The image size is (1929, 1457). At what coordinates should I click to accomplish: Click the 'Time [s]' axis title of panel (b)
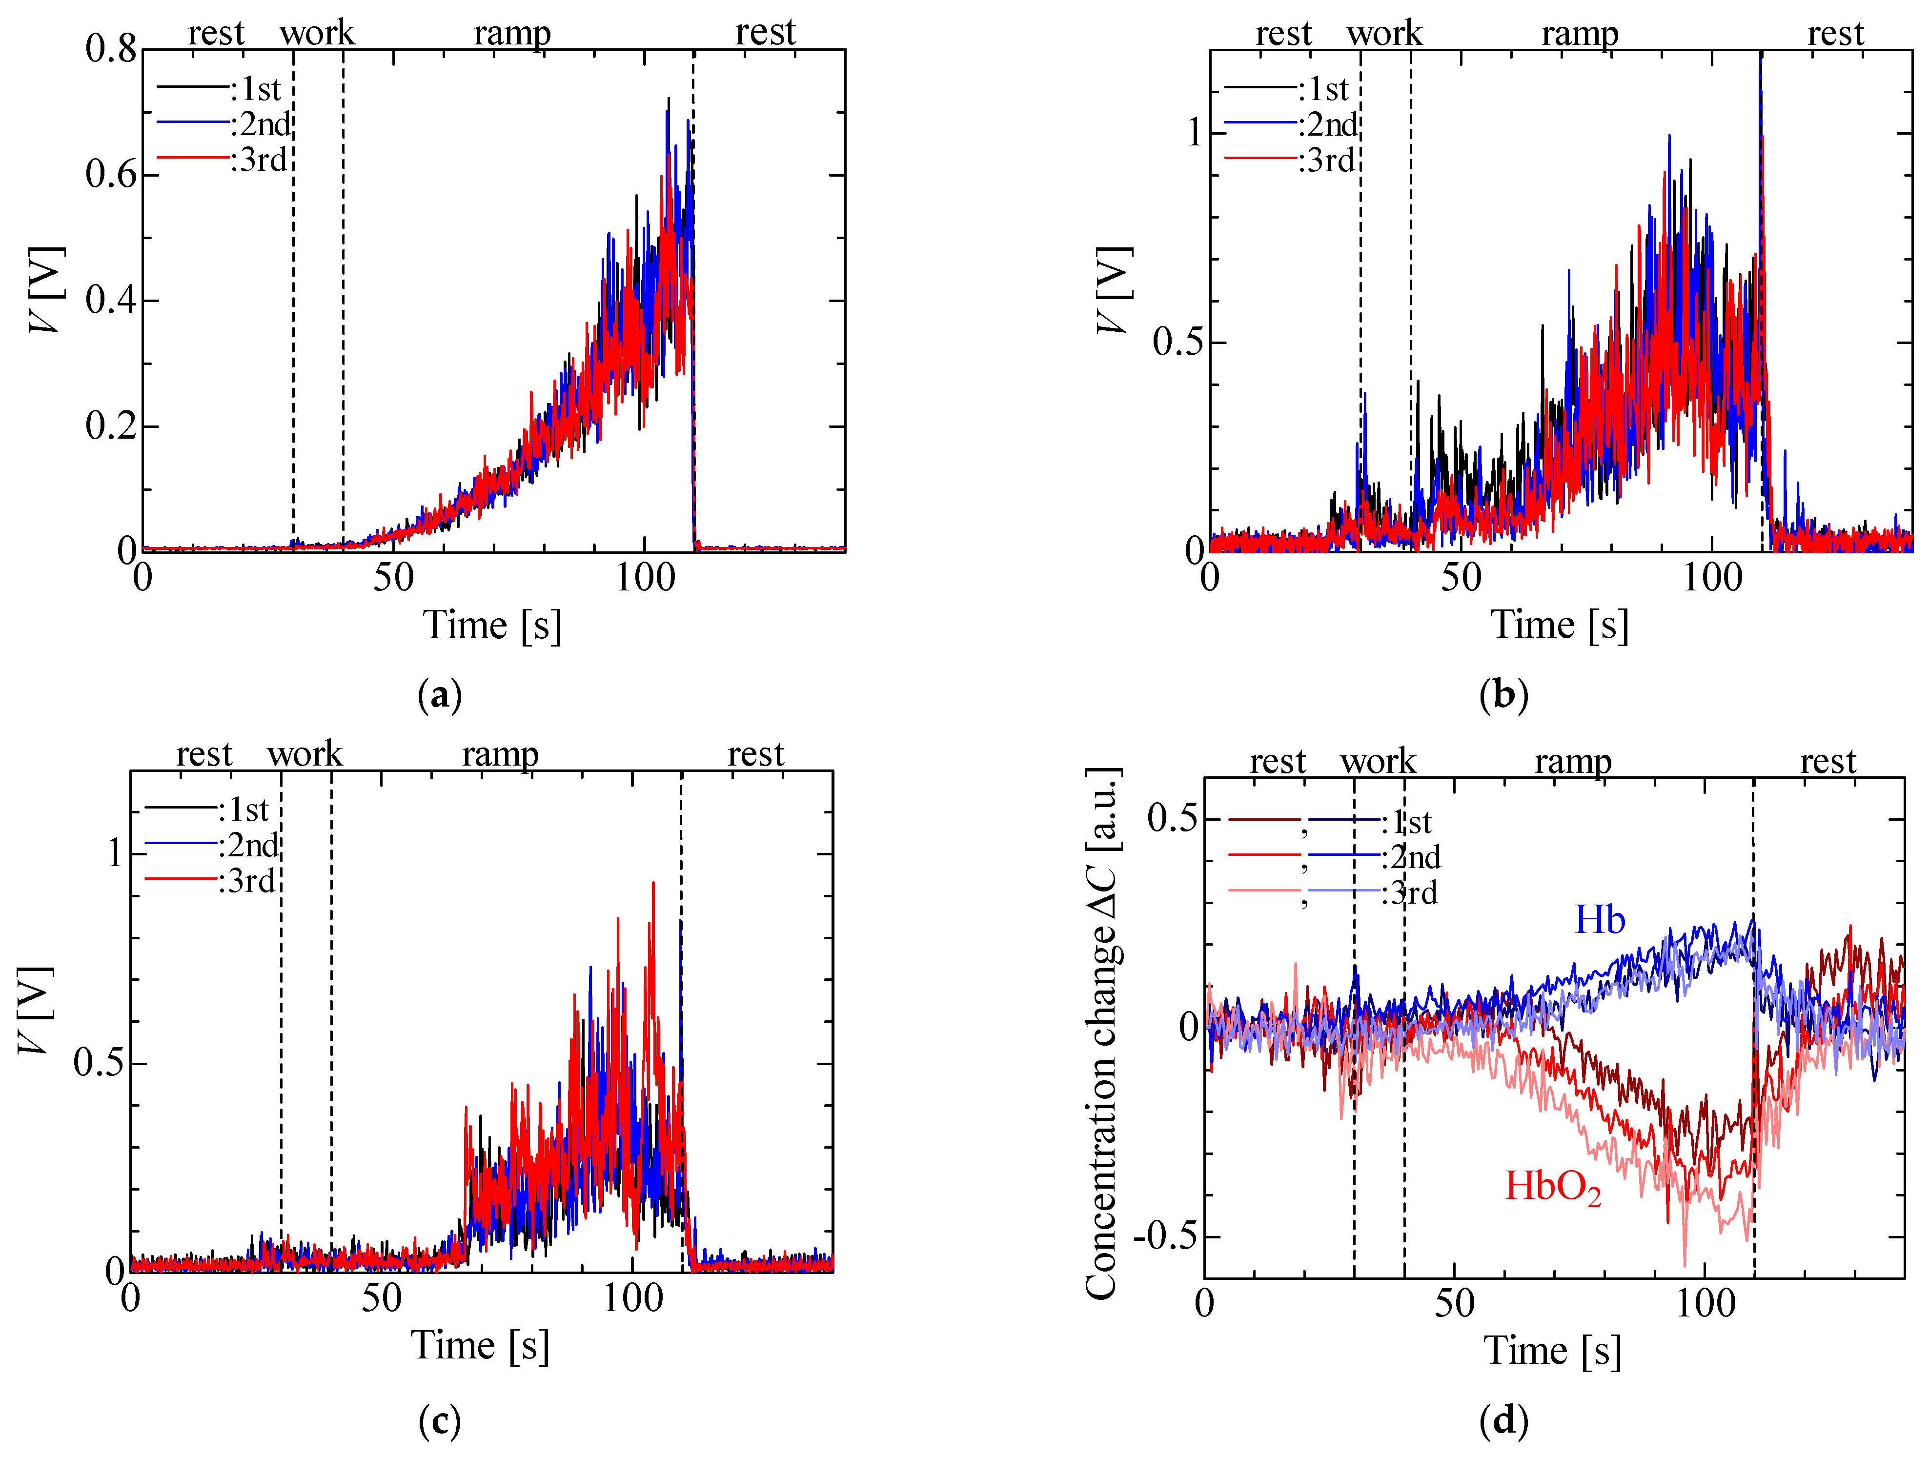pyautogui.click(x=1559, y=624)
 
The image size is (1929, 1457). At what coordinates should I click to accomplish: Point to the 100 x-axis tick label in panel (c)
pyautogui.click(x=632, y=1298)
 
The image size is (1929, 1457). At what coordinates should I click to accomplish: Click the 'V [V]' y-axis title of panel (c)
pyautogui.click(x=35, y=1010)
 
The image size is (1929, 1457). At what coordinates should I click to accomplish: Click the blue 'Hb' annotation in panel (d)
pyautogui.click(x=1599, y=920)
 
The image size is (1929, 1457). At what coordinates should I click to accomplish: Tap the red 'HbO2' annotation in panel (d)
pyautogui.click(x=1553, y=1187)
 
